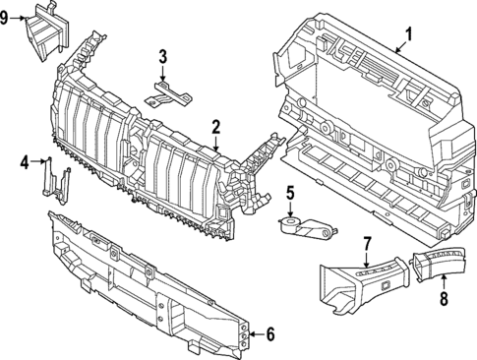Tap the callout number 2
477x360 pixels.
coord(215,126)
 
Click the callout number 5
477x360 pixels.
coord(291,192)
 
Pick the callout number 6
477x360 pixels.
coord(270,335)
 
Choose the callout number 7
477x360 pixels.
coord(366,243)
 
